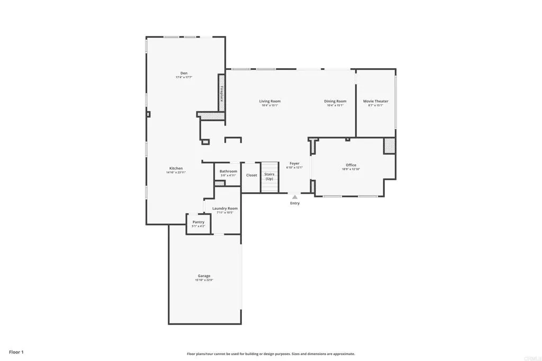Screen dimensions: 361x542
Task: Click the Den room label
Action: click(184, 73)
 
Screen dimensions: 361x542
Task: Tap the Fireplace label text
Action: click(222, 94)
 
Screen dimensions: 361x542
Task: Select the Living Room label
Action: click(269, 101)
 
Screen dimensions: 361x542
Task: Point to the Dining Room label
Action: click(335, 101)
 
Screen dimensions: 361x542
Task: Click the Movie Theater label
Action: click(375, 101)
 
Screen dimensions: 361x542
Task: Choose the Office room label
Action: click(351, 165)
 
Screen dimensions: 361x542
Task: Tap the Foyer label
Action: click(294, 163)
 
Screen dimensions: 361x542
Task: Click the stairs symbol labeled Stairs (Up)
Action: click(269, 177)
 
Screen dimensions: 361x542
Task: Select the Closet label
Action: click(251, 175)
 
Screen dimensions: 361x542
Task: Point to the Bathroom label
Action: click(228, 171)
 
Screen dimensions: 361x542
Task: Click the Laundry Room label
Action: click(225, 208)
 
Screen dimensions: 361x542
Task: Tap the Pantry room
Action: click(198, 223)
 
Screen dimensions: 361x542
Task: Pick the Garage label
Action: click(204, 276)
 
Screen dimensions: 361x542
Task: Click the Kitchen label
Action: click(176, 168)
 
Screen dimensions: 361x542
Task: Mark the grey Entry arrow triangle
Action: click(295, 197)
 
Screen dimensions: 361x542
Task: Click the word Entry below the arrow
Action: click(295, 203)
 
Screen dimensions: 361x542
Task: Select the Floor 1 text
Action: click(16, 352)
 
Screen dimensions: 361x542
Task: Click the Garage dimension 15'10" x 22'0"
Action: click(204, 280)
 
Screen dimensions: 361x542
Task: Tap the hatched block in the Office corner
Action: click(390, 145)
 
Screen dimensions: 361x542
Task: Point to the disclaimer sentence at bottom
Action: click(270, 354)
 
